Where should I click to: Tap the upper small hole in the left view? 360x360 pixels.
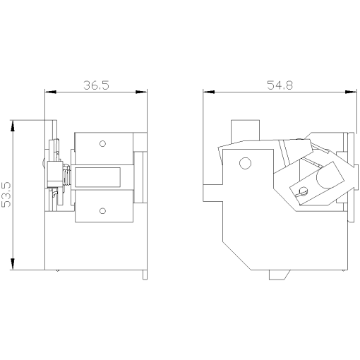point(102,144)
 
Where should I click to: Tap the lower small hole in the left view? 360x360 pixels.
point(102,210)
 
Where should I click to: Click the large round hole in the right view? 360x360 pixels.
point(245,164)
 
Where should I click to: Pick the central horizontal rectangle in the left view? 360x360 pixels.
point(103,176)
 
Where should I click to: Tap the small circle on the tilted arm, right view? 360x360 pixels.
point(304,191)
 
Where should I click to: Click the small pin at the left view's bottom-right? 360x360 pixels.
point(144,274)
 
